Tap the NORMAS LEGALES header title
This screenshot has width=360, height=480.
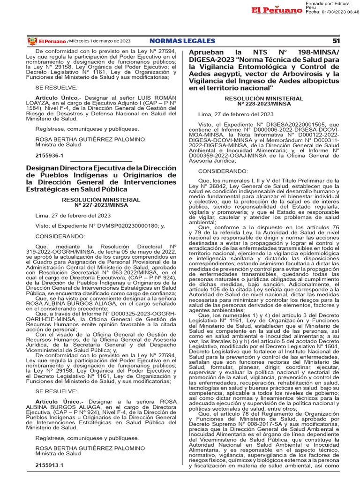[x=182, y=41]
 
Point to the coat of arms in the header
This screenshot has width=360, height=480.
[x=32, y=41]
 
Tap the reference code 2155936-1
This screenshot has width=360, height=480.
[x=49, y=154]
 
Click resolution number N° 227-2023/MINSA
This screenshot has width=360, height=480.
[x=101, y=205]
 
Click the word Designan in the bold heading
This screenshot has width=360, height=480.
[x=41, y=167]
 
